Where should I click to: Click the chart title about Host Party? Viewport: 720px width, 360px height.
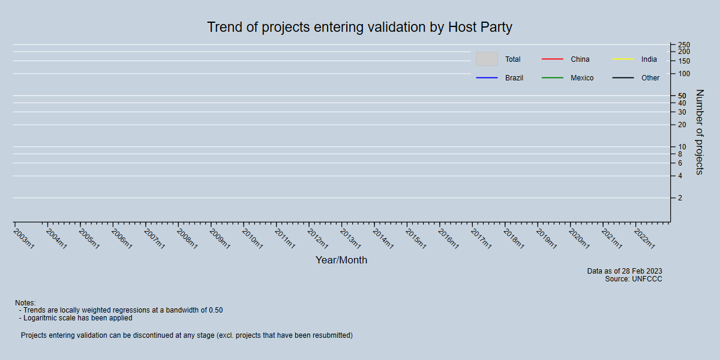click(359, 28)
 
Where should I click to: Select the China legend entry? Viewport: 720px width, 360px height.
click(580, 59)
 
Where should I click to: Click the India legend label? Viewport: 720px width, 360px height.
click(649, 59)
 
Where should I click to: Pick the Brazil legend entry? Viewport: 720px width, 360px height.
click(514, 78)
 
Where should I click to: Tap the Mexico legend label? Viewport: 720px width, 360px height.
click(581, 78)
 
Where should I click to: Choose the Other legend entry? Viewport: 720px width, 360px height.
click(650, 78)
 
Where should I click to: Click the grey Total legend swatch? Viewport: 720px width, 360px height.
click(487, 59)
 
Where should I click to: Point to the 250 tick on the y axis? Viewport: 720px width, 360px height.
click(683, 45)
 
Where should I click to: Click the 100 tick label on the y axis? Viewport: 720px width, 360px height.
click(683, 74)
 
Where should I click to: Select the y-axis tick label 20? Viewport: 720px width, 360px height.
click(682, 125)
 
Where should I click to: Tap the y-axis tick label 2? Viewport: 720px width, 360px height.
click(680, 198)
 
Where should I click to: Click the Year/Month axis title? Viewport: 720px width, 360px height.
click(341, 260)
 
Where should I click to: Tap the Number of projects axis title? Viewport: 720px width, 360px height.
click(699, 132)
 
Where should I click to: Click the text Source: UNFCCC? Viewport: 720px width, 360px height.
click(633, 279)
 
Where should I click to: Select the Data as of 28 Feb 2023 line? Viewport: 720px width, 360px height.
click(624, 271)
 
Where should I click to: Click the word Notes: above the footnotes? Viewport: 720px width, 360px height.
click(25, 303)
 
